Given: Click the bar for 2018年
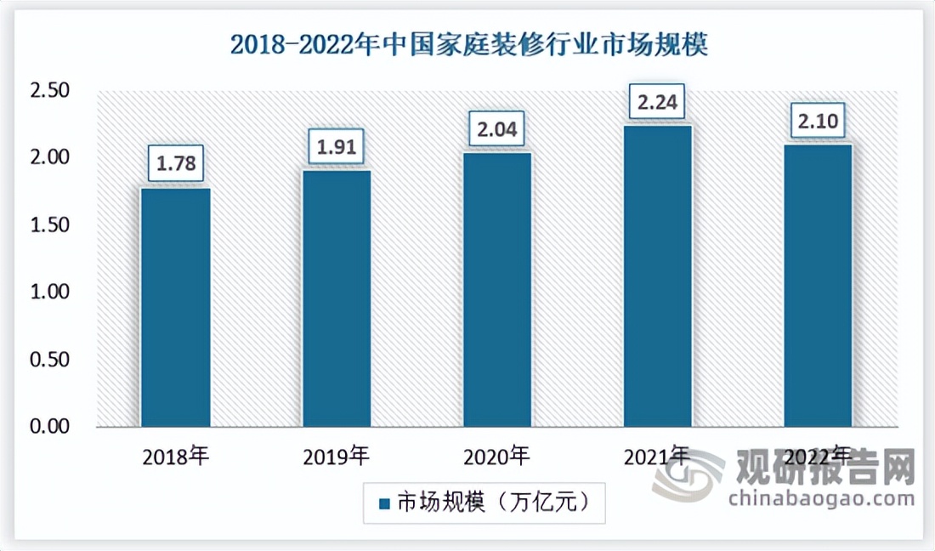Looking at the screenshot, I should pos(175,307).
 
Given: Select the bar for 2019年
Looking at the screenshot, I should pos(337,298).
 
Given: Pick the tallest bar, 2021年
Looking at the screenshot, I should pos(658,275).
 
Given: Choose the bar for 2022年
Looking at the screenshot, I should pos(818,286).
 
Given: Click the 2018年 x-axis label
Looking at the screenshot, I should pos(176,457).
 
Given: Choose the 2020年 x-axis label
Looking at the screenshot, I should pos(497,457).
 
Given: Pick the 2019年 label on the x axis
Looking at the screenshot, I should pos(337,457).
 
